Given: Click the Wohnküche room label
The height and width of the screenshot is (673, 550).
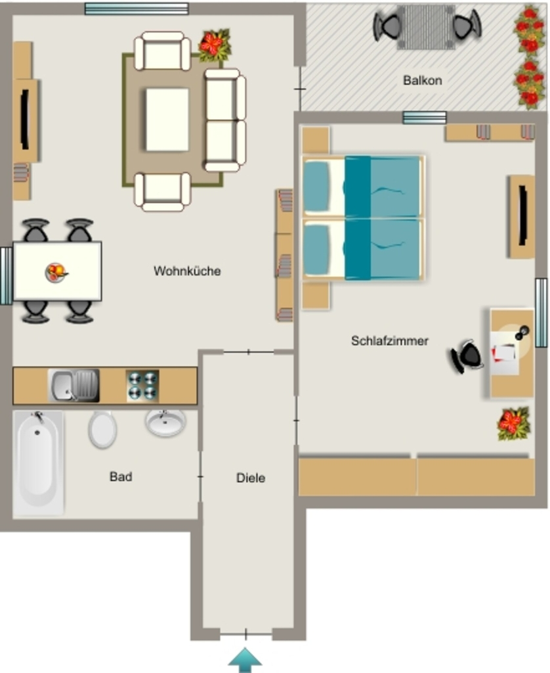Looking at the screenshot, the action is click(x=187, y=271).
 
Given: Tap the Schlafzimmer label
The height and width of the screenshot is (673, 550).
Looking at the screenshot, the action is click(x=389, y=340).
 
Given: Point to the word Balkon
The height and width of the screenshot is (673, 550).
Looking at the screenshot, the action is click(x=422, y=80).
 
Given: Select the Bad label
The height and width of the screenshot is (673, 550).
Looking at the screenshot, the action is click(x=121, y=476).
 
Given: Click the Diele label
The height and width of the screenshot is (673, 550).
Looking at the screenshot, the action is click(x=250, y=478).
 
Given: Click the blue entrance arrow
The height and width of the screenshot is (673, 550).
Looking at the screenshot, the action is click(x=245, y=660).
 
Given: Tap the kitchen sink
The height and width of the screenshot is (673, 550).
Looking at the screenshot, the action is click(x=74, y=385).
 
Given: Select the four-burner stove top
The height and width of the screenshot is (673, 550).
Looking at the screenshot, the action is click(x=142, y=386).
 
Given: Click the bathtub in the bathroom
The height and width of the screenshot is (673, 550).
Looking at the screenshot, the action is click(x=39, y=462).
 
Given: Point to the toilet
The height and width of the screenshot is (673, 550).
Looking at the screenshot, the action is click(x=102, y=429).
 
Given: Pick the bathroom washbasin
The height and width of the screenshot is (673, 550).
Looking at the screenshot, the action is click(x=165, y=423).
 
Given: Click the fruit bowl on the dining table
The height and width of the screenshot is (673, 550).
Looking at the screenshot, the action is click(x=56, y=272).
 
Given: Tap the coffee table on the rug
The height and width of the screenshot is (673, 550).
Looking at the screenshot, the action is click(x=167, y=120).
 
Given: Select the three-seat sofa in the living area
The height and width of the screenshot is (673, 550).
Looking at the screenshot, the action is click(x=225, y=120).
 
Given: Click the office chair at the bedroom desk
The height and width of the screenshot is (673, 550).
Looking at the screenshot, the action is click(x=467, y=356).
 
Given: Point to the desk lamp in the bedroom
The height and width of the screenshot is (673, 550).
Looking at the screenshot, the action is click(x=522, y=333).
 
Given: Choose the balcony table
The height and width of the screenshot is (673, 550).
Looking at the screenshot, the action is click(x=426, y=27).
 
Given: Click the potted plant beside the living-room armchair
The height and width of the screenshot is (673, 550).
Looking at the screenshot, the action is click(x=215, y=45).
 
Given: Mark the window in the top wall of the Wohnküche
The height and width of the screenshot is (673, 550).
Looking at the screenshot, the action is click(x=137, y=9).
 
